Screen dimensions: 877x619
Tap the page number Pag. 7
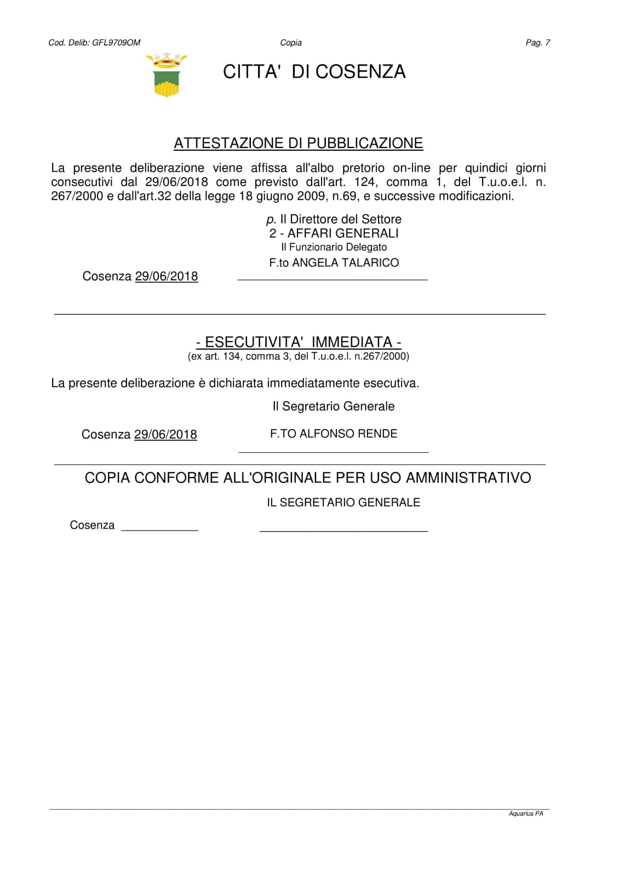pos(537,43)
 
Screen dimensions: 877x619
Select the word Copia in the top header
pos(291,43)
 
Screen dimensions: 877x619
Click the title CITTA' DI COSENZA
pos(314,72)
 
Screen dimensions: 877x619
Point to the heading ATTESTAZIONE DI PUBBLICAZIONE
pos(298,143)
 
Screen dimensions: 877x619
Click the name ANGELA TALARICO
pos(345,263)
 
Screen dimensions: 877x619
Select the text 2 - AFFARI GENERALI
pos(334,234)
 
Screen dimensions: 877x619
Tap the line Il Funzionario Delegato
pos(334,247)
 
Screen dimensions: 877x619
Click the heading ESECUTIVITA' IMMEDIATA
pos(299,342)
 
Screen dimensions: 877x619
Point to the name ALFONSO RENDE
pos(348,434)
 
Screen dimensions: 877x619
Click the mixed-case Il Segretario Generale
pos(333,407)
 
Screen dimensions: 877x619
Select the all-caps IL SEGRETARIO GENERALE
pos(343,503)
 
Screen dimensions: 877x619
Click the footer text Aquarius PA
pos(525,813)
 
